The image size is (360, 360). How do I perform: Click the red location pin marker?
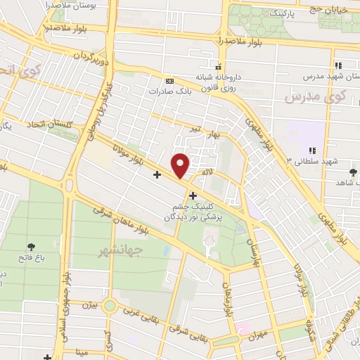[181, 165]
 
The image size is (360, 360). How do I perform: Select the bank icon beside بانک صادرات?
[169, 81]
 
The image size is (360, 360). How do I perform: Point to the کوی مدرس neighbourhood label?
[308, 96]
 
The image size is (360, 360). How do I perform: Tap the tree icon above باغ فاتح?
[32, 246]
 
